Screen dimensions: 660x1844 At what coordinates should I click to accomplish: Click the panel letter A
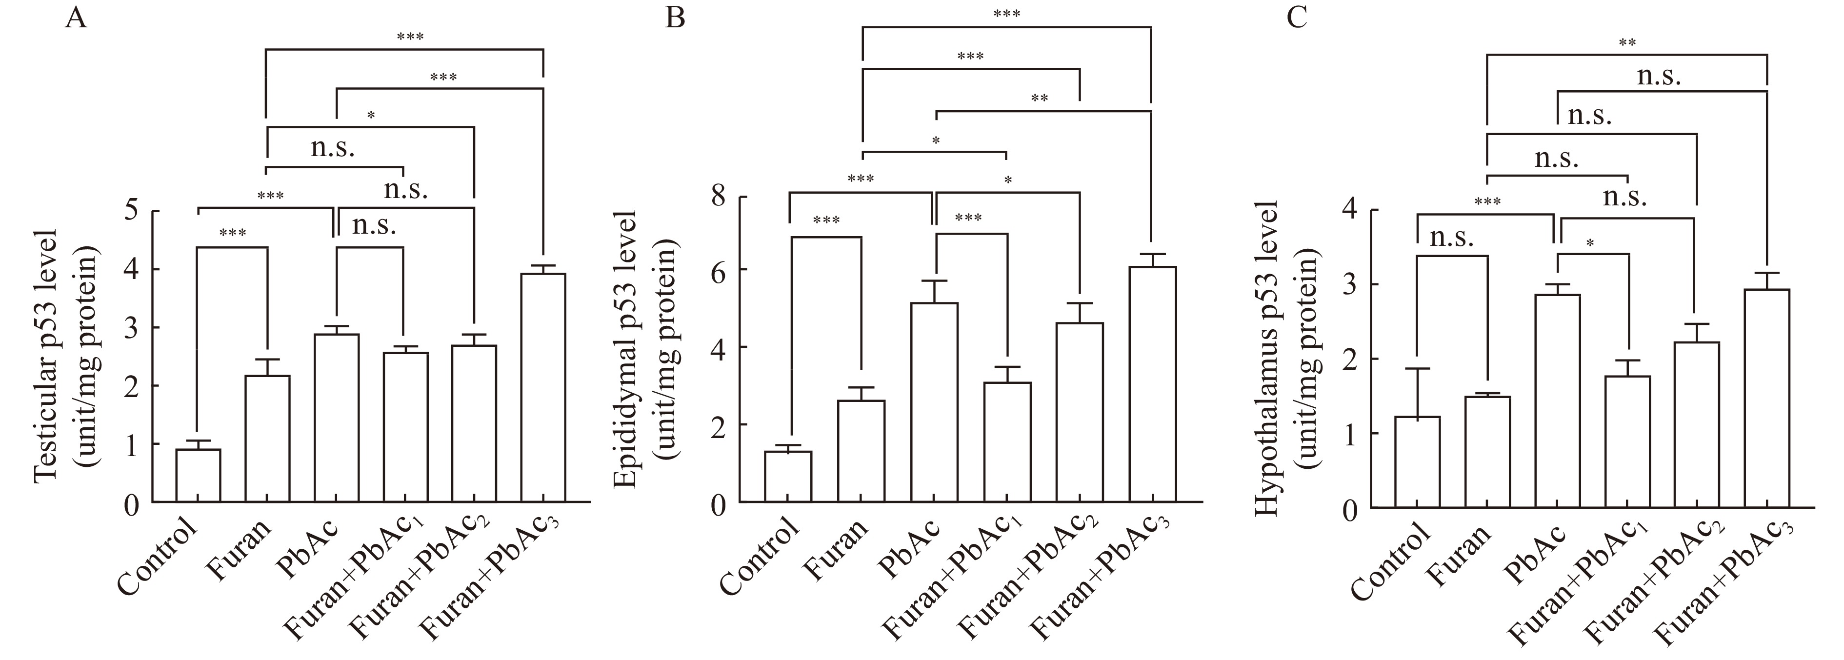click(76, 17)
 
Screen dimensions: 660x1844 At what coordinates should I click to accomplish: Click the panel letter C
click(1296, 17)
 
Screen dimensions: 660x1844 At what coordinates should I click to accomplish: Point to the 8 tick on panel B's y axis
click(720, 197)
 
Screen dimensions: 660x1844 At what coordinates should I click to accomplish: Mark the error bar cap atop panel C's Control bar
click(1417, 369)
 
